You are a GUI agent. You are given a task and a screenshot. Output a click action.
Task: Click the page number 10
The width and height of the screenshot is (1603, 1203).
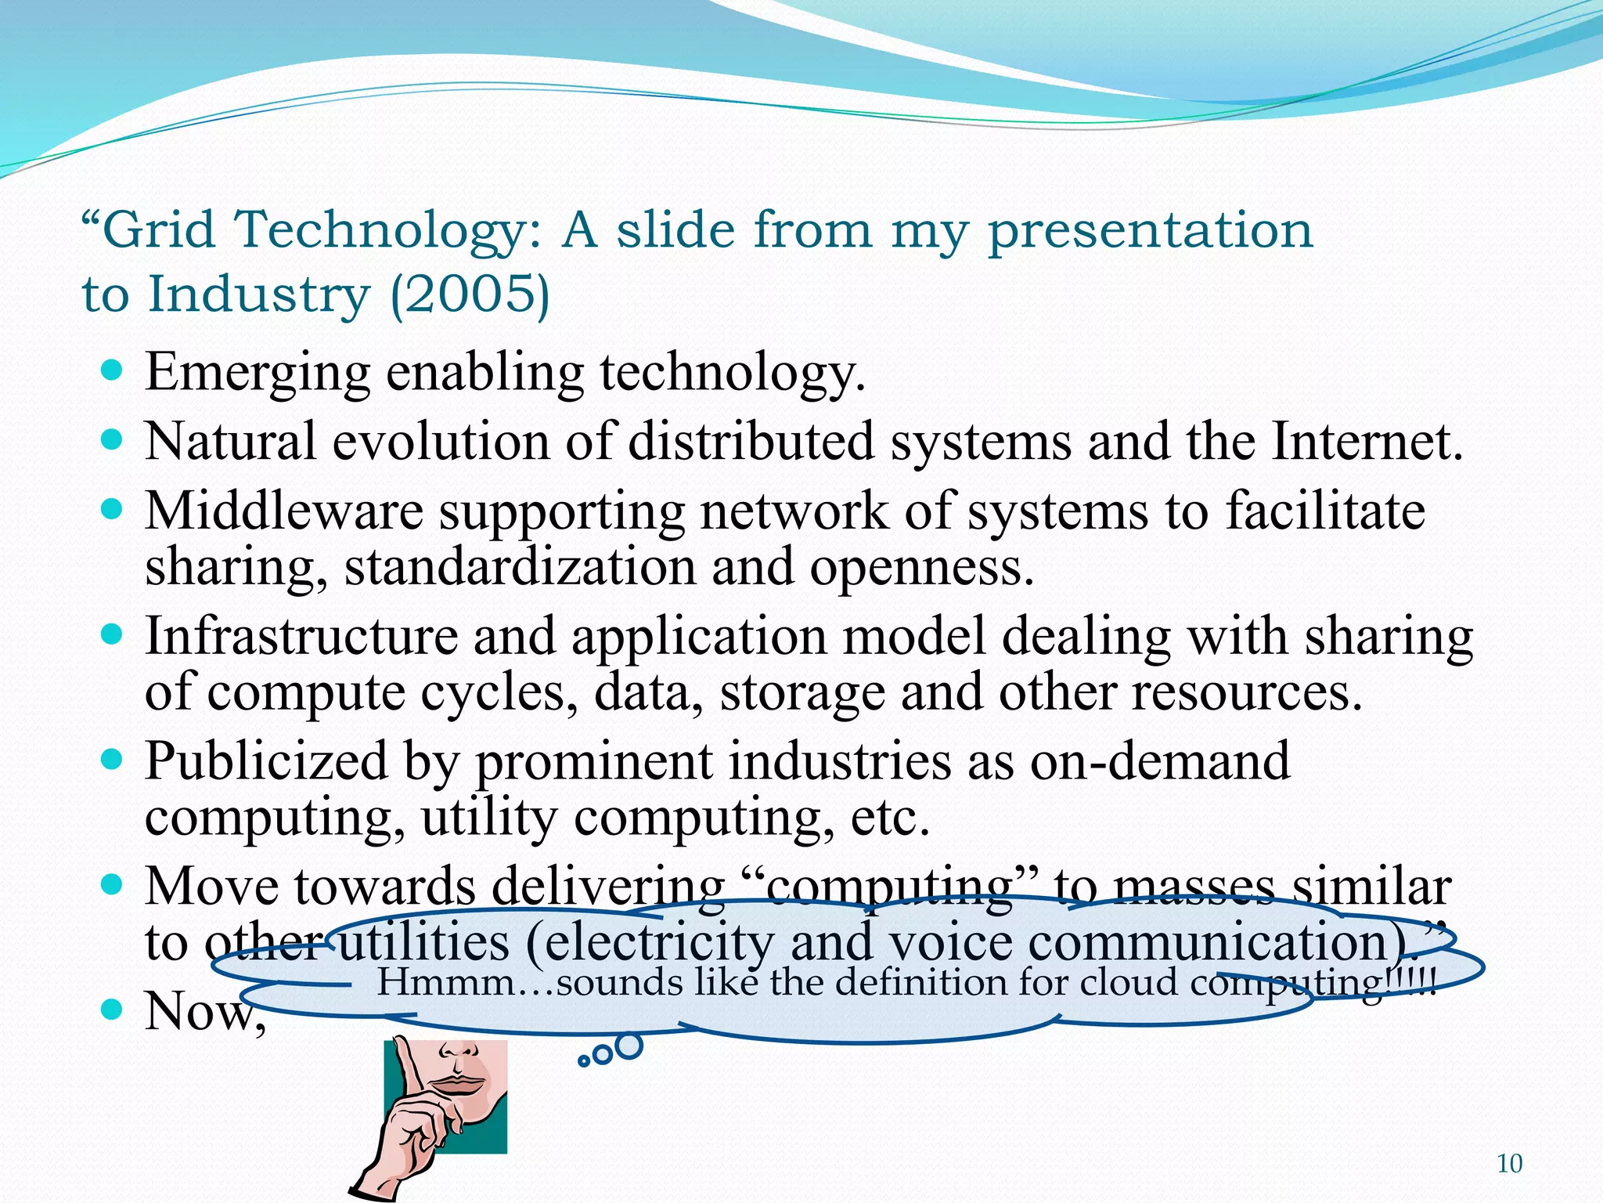point(1509,1164)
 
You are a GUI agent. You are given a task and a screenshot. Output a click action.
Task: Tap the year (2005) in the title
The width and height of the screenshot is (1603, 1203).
point(470,294)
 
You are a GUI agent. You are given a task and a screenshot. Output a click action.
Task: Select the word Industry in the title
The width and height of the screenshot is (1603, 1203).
point(258,294)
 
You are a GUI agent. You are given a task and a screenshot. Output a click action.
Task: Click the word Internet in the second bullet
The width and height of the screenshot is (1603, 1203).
point(1365,441)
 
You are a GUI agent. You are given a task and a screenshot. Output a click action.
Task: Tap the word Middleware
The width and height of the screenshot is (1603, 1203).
point(284,511)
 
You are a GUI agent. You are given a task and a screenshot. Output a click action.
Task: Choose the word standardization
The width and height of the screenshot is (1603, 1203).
point(520,566)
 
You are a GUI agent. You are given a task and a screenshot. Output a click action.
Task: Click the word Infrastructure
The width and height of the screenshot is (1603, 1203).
point(301,635)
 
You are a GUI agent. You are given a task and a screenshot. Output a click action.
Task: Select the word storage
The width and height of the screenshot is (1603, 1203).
point(801,692)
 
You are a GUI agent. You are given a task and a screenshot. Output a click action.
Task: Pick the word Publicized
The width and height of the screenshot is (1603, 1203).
point(266,760)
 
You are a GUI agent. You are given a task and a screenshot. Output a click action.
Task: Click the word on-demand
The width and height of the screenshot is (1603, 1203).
point(1159,760)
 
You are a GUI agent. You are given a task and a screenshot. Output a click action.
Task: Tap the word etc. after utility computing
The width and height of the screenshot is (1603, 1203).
point(889,817)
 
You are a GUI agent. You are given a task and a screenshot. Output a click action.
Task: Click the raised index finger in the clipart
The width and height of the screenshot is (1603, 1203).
point(407,1073)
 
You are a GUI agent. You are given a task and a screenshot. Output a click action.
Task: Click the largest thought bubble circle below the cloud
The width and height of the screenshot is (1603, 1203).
point(629,1046)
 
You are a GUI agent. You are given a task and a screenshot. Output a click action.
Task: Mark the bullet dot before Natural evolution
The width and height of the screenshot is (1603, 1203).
point(113,440)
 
